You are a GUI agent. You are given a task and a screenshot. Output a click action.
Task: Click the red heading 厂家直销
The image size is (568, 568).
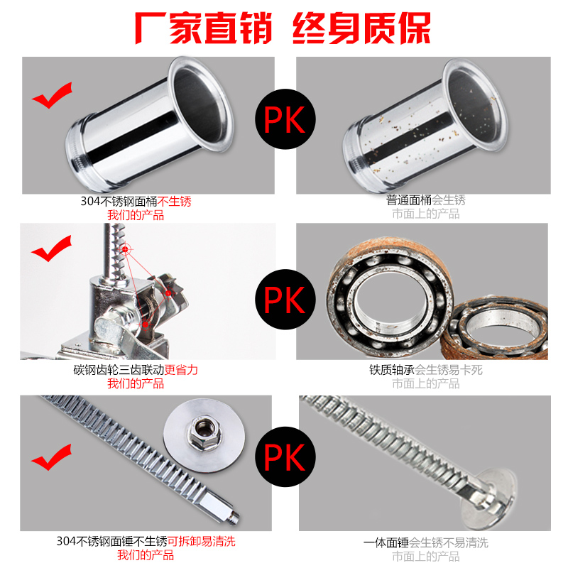(203, 28)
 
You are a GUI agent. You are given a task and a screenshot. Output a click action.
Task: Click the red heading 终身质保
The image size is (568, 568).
(361, 28)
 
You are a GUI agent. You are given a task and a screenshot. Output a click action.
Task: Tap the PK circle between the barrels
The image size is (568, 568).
(285, 119)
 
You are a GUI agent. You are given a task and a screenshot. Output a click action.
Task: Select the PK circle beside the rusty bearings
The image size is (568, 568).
(285, 299)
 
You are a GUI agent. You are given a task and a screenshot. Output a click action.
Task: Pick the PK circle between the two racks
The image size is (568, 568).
(285, 457)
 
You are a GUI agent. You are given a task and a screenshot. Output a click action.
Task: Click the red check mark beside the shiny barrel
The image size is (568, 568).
(52, 95)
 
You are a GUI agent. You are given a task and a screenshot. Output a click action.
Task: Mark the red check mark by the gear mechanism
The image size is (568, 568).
(51, 248)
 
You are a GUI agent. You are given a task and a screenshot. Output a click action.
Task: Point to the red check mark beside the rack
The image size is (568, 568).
(51, 457)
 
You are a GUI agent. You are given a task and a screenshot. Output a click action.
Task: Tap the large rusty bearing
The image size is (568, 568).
(389, 297)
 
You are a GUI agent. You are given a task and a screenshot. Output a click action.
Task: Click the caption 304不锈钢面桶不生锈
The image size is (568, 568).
(136, 201)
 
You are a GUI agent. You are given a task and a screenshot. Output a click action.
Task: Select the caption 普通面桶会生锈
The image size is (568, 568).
(425, 200)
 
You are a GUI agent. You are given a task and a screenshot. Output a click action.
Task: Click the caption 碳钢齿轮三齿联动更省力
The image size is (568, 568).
(136, 369)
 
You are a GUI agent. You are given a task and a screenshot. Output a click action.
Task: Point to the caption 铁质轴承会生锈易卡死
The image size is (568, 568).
(425, 369)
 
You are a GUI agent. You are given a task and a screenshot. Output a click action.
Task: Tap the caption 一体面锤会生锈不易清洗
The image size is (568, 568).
(425, 542)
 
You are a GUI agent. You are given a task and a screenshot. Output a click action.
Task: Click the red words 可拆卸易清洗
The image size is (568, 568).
(202, 541)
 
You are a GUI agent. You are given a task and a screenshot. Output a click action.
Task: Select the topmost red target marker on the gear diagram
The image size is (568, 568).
(126, 249)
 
